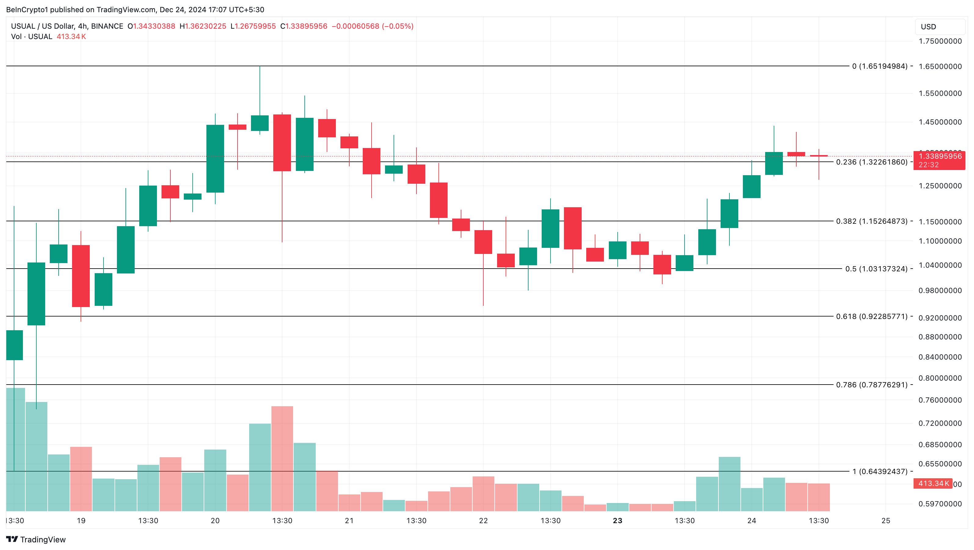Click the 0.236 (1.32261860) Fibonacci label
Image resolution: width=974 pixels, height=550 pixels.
click(871, 162)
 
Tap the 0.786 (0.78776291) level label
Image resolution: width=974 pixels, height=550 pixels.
click(871, 385)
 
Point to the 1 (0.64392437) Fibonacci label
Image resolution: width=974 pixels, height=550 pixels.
click(879, 471)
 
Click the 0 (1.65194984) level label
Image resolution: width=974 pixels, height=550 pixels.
click(879, 66)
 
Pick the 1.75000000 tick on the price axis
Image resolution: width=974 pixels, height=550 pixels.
click(940, 41)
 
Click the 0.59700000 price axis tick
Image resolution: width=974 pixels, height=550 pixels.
click(940, 504)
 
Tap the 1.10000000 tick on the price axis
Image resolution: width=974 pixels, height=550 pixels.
click(940, 241)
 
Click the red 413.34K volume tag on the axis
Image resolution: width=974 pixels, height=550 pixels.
click(933, 483)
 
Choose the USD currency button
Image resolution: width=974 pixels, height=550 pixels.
click(928, 27)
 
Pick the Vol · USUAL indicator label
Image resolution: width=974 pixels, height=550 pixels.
click(32, 37)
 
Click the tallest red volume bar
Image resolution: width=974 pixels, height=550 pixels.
click(282, 458)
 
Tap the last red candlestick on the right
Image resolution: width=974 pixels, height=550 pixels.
click(819, 156)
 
